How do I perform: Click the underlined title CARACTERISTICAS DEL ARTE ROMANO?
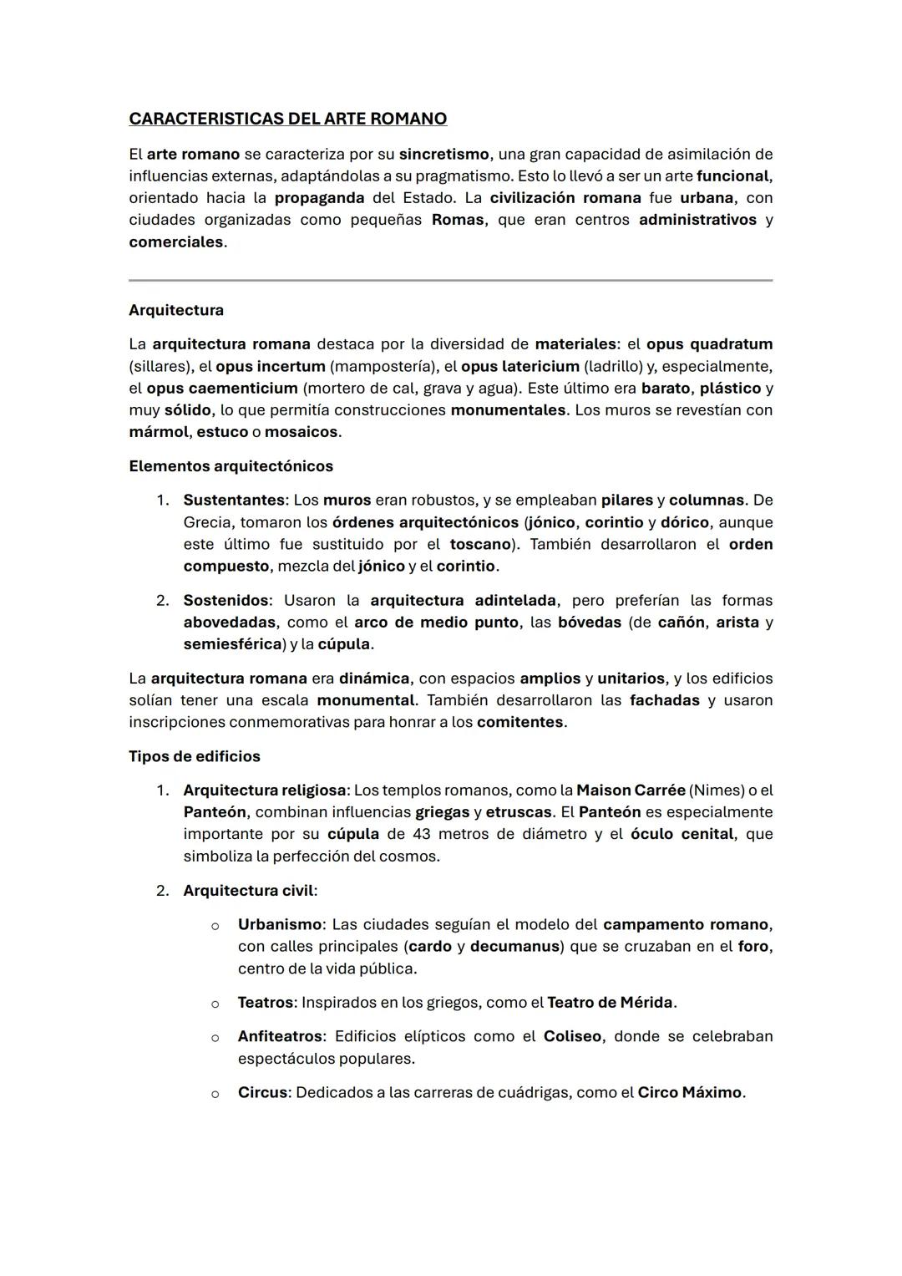pyautogui.click(x=287, y=119)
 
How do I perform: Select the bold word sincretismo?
pyautogui.click(x=443, y=155)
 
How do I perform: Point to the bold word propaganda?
pyautogui.click(x=319, y=198)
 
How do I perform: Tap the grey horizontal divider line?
pyautogui.click(x=450, y=280)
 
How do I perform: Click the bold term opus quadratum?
pyautogui.click(x=709, y=344)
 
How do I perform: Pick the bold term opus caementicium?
pyautogui.click(x=222, y=389)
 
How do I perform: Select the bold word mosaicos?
pyautogui.click(x=302, y=432)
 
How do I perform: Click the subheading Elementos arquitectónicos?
pyautogui.click(x=231, y=466)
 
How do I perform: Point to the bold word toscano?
pyautogui.click(x=480, y=544)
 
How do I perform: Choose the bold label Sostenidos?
pyautogui.click(x=226, y=601)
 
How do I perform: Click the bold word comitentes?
pyautogui.click(x=520, y=722)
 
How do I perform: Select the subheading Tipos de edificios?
pyautogui.click(x=195, y=756)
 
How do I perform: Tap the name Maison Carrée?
pyautogui.click(x=631, y=791)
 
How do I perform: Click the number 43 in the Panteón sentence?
pyautogui.click(x=422, y=834)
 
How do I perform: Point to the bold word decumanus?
pyautogui.click(x=514, y=947)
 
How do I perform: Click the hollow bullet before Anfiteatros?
pyautogui.click(x=215, y=1037)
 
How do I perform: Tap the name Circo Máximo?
pyautogui.click(x=690, y=1093)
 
